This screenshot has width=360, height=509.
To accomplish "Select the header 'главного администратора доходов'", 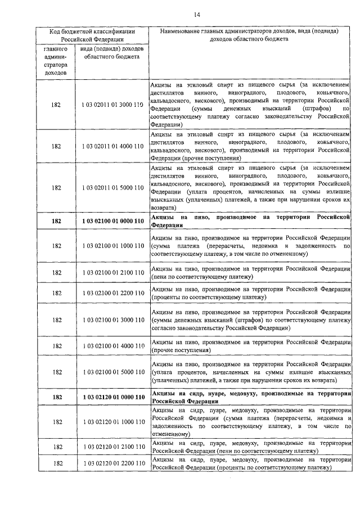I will click(56, 61).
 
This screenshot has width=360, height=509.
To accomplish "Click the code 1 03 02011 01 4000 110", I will click(112, 146).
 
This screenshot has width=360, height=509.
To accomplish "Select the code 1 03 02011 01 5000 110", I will click(112, 188).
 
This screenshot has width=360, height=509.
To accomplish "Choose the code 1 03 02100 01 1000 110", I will click(112, 246).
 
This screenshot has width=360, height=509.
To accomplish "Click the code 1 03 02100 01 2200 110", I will click(112, 293).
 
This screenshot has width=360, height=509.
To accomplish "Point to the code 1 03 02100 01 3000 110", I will click(112, 320).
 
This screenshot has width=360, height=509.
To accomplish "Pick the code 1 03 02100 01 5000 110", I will click(112, 372).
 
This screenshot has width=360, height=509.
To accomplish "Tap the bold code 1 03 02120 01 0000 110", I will click(112, 397).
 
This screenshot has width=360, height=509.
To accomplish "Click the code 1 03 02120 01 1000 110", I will click(112, 422).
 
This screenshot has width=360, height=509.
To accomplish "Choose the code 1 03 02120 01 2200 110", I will click(112, 463).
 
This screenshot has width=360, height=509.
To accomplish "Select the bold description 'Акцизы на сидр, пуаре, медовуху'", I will click(250, 397).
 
